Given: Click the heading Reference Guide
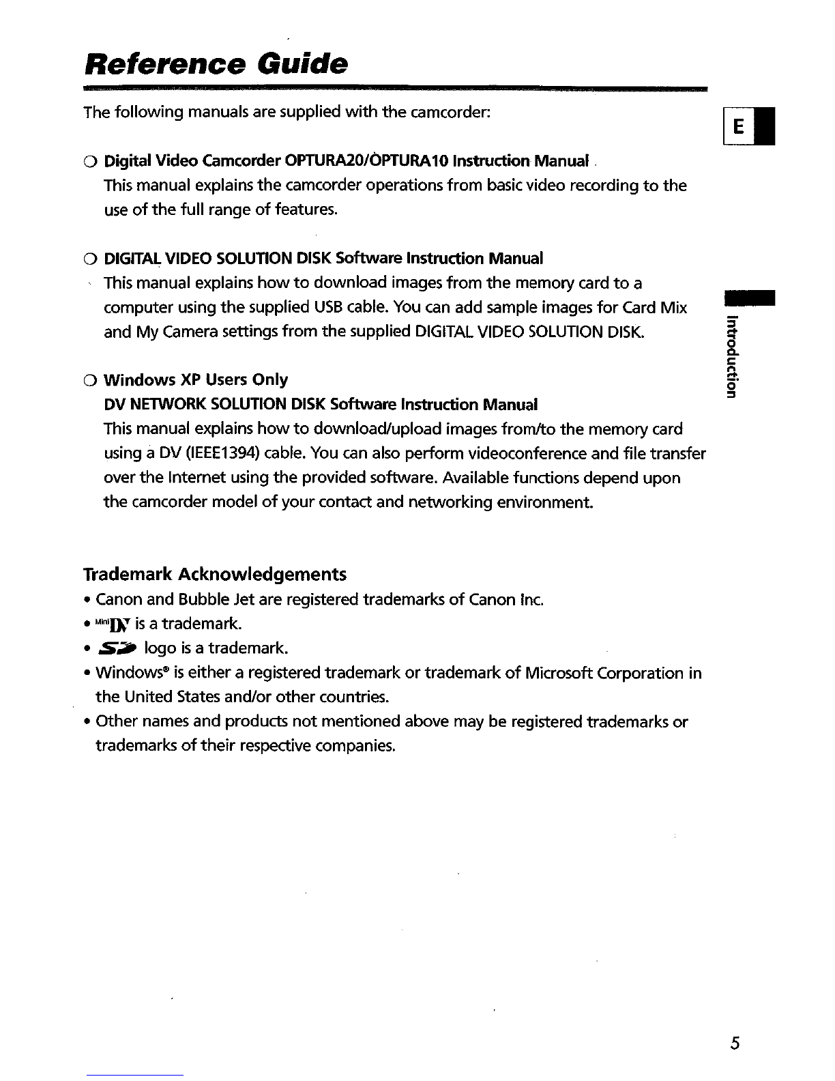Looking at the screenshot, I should click(x=216, y=65).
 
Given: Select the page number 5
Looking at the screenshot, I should click(x=735, y=1043).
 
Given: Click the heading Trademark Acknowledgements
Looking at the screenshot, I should click(x=214, y=575).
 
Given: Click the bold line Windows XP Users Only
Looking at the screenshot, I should click(x=195, y=379).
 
